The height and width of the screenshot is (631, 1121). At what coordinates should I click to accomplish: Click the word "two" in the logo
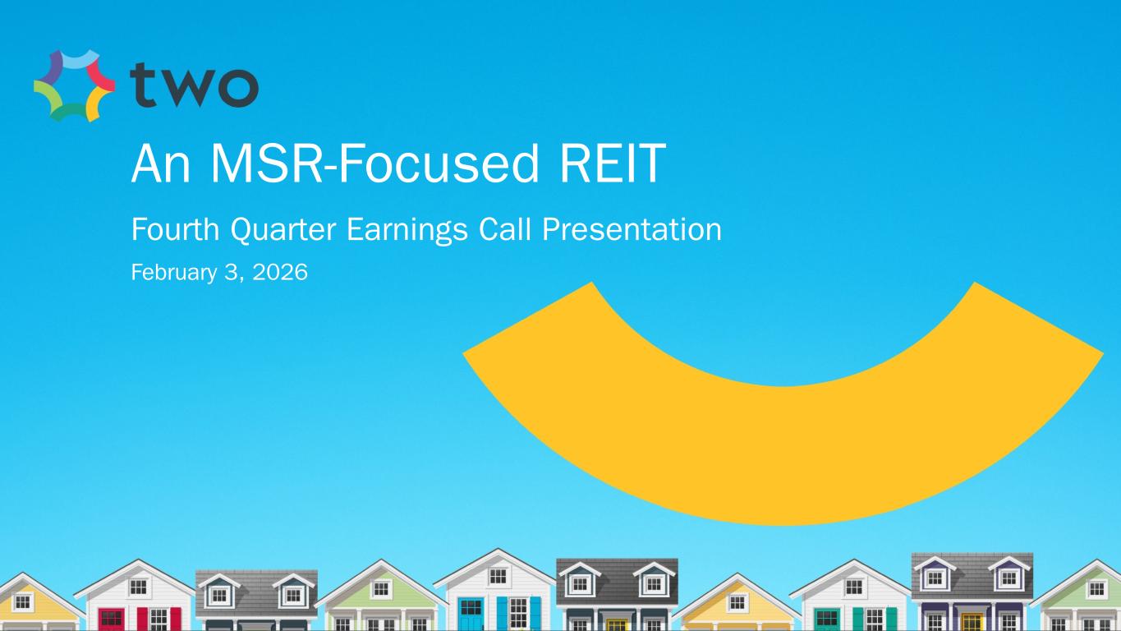point(194,85)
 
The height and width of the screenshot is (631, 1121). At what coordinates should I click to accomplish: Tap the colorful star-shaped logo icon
point(74,85)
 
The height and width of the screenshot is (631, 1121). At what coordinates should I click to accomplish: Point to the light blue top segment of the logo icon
point(76,58)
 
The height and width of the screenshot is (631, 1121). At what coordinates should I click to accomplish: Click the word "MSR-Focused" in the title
point(375,164)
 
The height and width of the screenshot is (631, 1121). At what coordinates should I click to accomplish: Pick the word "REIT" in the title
point(613,164)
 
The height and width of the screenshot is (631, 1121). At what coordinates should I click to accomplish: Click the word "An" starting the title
point(161,164)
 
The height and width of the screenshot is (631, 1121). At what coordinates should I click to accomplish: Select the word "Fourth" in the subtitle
point(175,229)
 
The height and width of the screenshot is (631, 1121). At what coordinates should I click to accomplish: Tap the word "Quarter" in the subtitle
point(283,230)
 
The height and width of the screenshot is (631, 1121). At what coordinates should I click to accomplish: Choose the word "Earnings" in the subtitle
point(407,230)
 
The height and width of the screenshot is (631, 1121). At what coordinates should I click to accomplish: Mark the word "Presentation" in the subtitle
point(632,229)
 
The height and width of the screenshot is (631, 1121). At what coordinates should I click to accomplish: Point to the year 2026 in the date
point(280,272)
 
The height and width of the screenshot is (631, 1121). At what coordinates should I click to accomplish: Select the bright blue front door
point(471,614)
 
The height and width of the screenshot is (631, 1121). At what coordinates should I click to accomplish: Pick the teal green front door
point(827,619)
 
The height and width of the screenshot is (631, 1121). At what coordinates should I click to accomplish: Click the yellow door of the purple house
point(972,622)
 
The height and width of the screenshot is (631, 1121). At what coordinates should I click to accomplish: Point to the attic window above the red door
point(138,587)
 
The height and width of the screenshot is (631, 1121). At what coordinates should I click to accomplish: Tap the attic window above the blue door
point(498,576)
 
